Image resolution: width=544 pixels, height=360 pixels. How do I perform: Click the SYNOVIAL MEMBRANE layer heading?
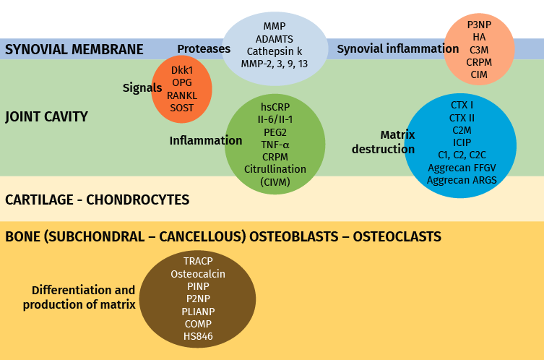[74, 50]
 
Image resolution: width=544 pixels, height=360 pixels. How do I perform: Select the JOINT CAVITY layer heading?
[46, 116]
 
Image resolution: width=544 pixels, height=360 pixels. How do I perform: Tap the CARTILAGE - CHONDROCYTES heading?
[97, 200]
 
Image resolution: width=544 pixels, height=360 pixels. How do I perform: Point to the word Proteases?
[204, 49]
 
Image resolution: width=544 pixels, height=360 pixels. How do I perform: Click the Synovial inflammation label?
[397, 49]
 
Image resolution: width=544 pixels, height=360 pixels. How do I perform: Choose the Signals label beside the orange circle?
[142, 87]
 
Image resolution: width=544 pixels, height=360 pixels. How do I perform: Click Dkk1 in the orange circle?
[182, 70]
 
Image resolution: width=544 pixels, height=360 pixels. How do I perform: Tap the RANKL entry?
[182, 95]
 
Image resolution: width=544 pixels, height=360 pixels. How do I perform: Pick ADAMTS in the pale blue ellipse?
[275, 38]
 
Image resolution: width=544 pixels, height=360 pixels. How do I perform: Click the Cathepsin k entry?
[275, 51]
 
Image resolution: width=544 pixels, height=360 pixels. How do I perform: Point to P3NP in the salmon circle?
[479, 24]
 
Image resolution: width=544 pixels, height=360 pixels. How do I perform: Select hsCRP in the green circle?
[275, 106]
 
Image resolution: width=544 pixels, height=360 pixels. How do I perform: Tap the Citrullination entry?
[275, 169]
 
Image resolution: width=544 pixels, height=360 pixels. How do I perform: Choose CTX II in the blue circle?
[462, 117]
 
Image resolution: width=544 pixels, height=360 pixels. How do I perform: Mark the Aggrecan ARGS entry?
[462, 180]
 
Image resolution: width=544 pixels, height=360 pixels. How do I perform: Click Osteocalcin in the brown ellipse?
[198, 274]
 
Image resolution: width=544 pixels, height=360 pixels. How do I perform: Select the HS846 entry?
[198, 336]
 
